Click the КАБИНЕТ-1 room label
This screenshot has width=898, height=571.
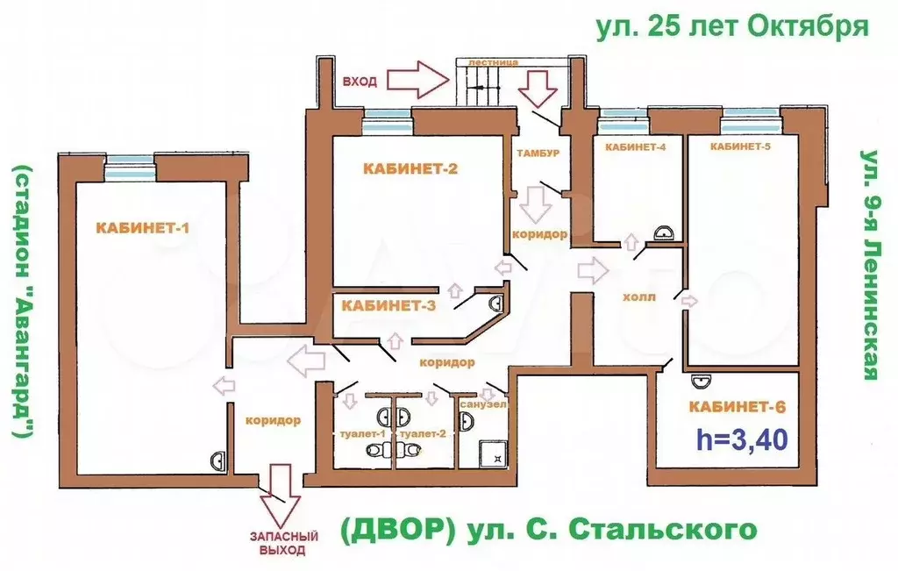pyautogui.click(x=142, y=228)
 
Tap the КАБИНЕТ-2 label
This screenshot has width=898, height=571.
pyautogui.click(x=410, y=168)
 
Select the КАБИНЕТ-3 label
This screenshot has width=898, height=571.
pyautogui.click(x=388, y=305)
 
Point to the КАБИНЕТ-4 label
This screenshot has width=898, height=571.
pyautogui.click(x=635, y=147)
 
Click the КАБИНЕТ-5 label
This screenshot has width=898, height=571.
pyautogui.click(x=740, y=146)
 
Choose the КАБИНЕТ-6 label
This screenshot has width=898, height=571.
pyautogui.click(x=737, y=407)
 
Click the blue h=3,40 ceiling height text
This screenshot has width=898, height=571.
pyautogui.click(x=742, y=439)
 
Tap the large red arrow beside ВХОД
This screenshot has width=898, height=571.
pyautogui.click(x=418, y=79)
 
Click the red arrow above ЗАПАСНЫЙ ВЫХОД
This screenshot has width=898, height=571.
pyautogui.click(x=280, y=495)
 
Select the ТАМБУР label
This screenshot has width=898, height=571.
pyautogui.click(x=538, y=153)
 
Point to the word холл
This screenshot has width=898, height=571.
pyautogui.click(x=639, y=297)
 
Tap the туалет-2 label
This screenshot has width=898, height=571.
pyautogui.click(x=423, y=433)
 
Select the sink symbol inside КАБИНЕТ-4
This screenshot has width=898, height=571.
pyautogui.click(x=665, y=233)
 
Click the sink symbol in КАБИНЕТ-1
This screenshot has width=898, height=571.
pyautogui.click(x=218, y=460)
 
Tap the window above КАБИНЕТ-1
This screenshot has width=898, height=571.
pyautogui.click(x=131, y=168)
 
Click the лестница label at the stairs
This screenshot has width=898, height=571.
pyautogui.click(x=493, y=62)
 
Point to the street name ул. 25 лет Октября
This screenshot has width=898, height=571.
pyautogui.click(x=732, y=25)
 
